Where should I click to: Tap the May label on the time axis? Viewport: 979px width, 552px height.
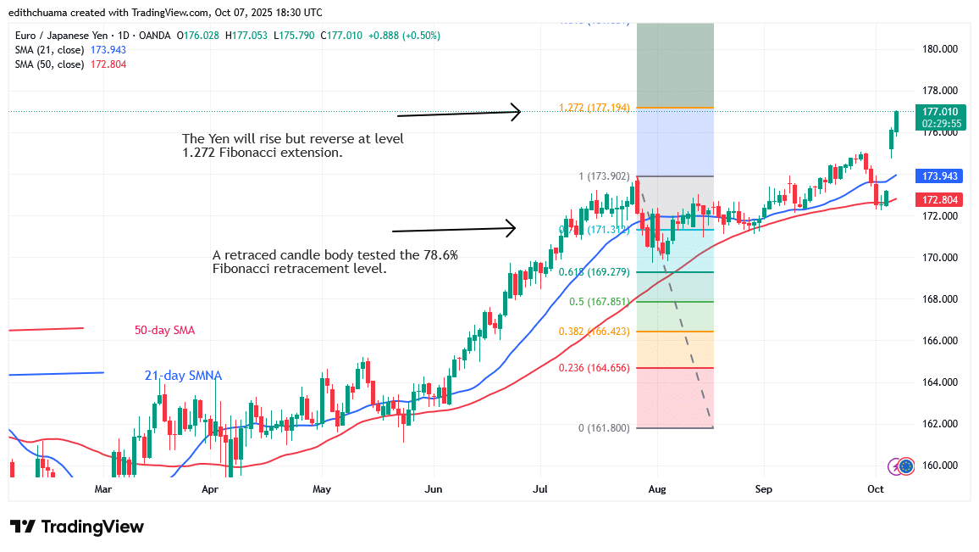(x=322, y=489)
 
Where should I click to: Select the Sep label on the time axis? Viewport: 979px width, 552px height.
(x=764, y=489)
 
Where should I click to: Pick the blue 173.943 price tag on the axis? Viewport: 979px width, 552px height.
(x=939, y=176)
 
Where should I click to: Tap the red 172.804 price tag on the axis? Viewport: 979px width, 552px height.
(x=939, y=199)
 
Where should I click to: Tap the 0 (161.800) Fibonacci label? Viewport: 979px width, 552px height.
(x=604, y=428)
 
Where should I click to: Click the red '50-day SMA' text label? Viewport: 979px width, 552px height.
(x=164, y=330)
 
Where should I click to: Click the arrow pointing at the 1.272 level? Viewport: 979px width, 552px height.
(x=458, y=113)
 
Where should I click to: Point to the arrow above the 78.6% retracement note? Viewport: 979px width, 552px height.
(x=454, y=229)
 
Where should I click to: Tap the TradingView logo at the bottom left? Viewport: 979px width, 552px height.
(x=77, y=527)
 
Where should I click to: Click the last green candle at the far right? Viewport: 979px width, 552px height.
(x=897, y=121)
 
